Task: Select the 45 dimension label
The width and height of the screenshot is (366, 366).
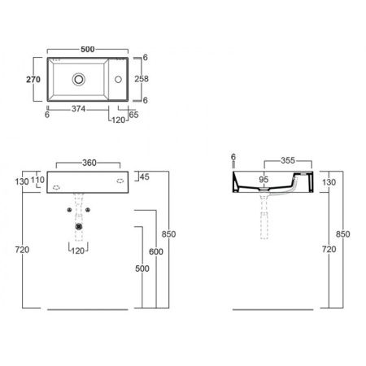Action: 144,177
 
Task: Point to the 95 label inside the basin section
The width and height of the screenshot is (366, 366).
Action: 264,180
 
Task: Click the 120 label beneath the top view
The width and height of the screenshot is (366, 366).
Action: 120,119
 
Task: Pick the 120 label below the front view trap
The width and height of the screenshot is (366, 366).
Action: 77,251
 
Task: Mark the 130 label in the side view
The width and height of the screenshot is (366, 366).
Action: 328,183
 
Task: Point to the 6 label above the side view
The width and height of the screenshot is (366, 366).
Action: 233,157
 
